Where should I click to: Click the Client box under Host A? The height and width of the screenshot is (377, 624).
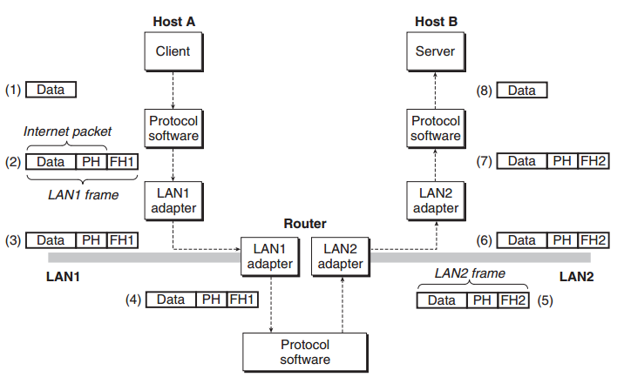(x=173, y=51)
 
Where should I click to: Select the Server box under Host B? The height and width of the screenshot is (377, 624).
(x=436, y=51)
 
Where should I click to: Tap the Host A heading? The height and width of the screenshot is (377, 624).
(x=174, y=22)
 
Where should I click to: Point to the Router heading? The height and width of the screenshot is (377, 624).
(x=305, y=224)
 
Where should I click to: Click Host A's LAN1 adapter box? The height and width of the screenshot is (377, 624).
(x=173, y=201)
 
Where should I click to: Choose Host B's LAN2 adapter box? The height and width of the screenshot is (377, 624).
(x=436, y=201)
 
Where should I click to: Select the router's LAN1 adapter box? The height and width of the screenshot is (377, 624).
(x=270, y=257)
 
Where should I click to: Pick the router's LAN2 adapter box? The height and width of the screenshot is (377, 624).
(x=340, y=257)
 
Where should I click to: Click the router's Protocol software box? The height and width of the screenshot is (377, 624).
(x=305, y=353)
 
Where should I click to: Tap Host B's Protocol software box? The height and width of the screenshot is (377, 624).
(x=436, y=129)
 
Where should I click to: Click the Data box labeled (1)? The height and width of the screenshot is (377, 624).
(x=51, y=90)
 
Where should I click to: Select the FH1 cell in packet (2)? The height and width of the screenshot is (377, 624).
(x=122, y=162)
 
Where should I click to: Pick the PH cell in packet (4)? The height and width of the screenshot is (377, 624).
(x=211, y=300)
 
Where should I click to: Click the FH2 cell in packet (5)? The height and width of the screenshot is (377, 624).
(x=513, y=300)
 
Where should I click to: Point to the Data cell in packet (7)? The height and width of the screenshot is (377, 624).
(x=522, y=161)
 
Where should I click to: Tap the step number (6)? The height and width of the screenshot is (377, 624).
(x=484, y=240)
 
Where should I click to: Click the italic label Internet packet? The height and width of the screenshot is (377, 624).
(x=67, y=131)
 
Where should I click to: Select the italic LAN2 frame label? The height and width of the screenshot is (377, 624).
(x=470, y=273)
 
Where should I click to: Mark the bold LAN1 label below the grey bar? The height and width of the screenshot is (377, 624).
(x=63, y=276)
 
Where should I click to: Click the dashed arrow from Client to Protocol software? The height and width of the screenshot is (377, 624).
(x=173, y=91)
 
